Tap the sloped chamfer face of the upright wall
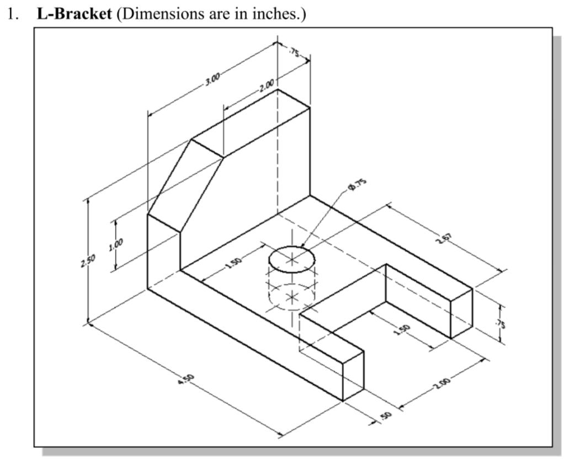click(185, 185)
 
